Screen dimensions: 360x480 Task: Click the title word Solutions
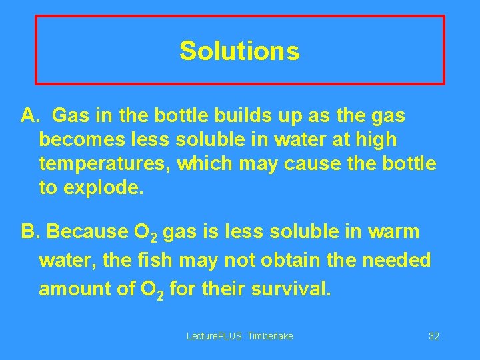pyautogui.click(x=239, y=51)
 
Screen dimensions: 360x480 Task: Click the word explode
pyautogui.click(x=103, y=187)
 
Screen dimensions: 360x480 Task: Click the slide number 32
pyautogui.click(x=433, y=336)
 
